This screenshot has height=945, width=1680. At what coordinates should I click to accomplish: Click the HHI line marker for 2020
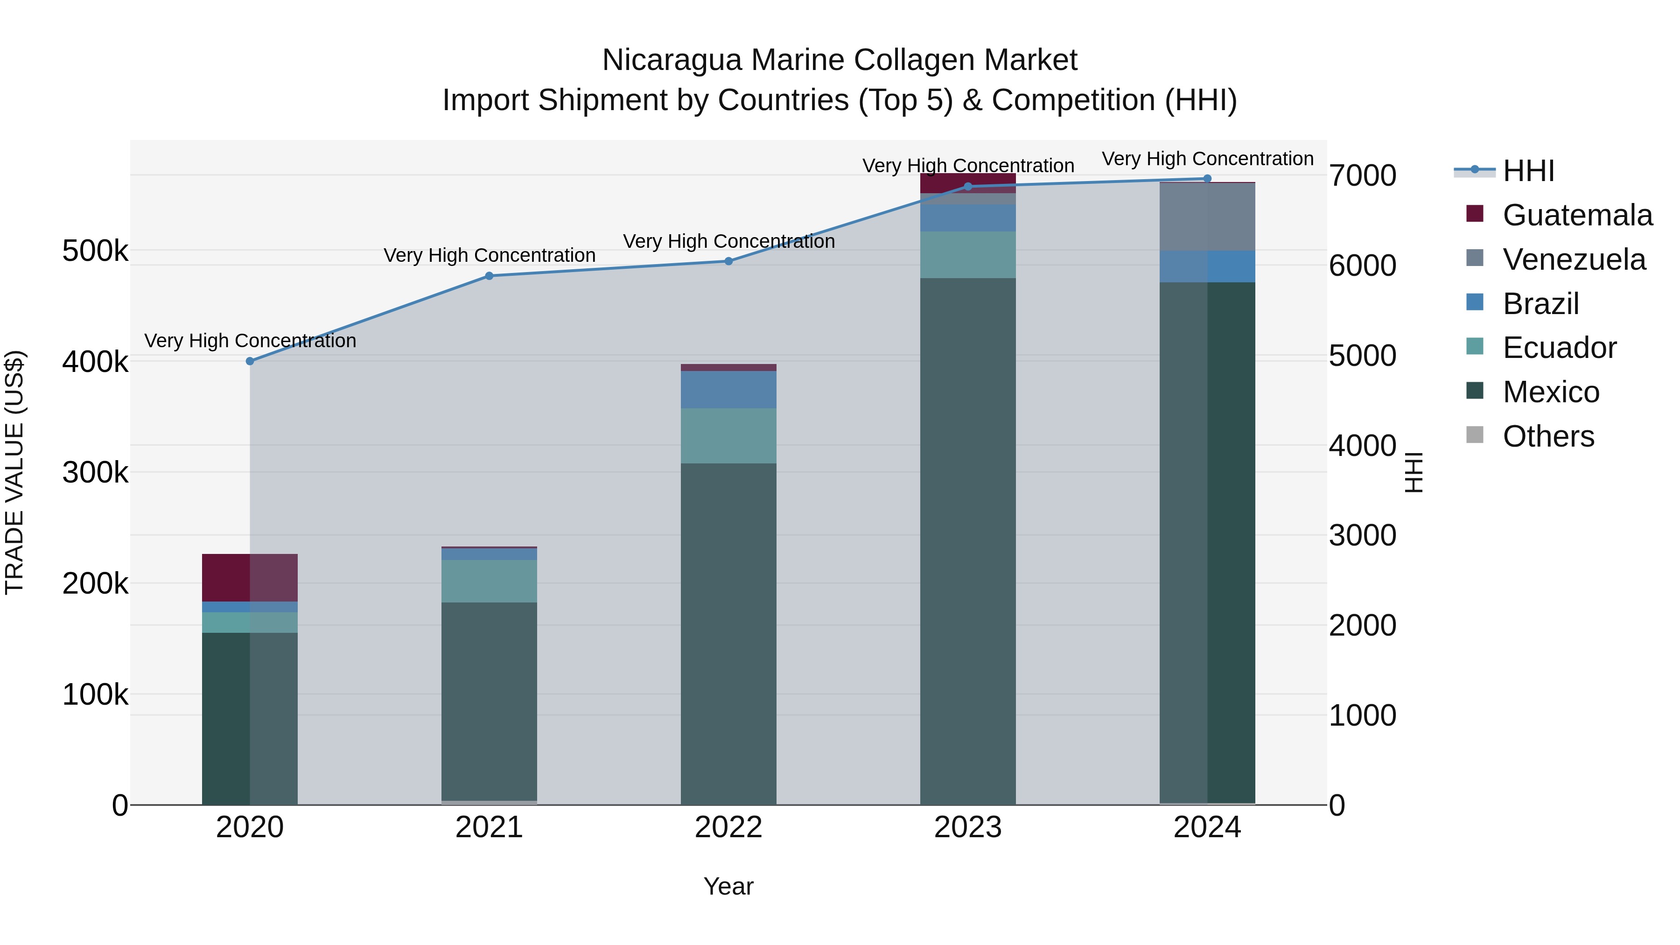click(x=250, y=361)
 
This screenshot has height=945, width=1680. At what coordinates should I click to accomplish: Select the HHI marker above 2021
click(x=489, y=276)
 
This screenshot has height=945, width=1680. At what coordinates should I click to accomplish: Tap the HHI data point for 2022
click(x=728, y=261)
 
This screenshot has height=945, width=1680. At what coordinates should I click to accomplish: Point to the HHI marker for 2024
click(x=1207, y=179)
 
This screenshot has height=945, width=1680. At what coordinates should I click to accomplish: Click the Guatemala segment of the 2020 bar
click(x=250, y=578)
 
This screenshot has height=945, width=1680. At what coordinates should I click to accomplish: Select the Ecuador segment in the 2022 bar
click(x=728, y=436)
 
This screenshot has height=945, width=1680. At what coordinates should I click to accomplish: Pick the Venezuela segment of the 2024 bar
click(x=1207, y=217)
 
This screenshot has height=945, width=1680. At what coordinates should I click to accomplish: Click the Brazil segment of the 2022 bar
click(x=728, y=389)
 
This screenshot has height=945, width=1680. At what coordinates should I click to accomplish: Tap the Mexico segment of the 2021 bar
click(x=489, y=701)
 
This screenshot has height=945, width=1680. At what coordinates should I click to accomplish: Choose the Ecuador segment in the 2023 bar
click(x=968, y=254)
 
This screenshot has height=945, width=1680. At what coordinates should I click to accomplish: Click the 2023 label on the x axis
click(x=968, y=827)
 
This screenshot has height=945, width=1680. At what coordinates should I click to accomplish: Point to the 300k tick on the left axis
click(x=95, y=472)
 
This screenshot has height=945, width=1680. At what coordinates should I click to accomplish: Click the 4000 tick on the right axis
click(x=1362, y=446)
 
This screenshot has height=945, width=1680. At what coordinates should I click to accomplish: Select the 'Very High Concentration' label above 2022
click(x=728, y=241)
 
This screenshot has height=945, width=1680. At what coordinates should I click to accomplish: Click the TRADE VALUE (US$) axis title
click(x=15, y=472)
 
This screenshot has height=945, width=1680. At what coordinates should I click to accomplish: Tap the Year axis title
click(x=728, y=886)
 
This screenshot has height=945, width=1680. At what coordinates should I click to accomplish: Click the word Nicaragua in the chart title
click(x=672, y=60)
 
